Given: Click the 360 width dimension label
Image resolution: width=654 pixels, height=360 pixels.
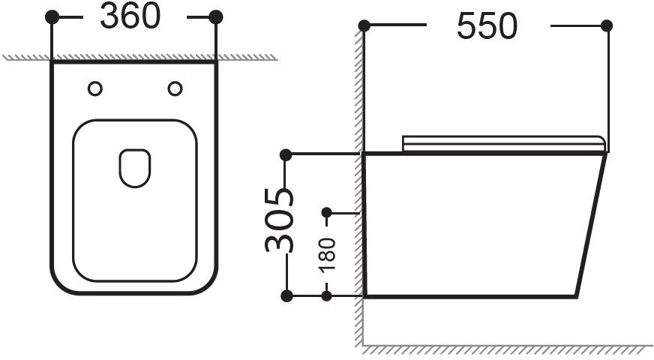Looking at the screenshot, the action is click(x=130, y=16).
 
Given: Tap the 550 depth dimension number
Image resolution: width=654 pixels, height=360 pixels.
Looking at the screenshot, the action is click(x=487, y=25).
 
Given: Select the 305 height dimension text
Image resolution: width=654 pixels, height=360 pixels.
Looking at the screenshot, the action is click(x=279, y=220).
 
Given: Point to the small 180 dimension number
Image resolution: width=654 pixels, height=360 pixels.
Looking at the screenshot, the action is click(x=327, y=255).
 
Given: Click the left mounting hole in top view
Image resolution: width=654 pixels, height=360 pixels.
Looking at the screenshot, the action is click(x=95, y=88).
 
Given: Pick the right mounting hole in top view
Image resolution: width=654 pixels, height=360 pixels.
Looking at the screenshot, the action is click(x=175, y=88).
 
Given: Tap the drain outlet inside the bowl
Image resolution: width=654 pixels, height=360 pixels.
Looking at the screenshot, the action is click(x=135, y=168).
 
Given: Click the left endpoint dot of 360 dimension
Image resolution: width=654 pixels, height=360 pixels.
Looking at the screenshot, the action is click(x=52, y=17).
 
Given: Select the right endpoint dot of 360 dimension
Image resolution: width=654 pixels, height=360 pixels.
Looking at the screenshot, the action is click(x=216, y=17).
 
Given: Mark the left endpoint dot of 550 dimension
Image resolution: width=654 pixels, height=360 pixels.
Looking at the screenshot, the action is click(x=364, y=25).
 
